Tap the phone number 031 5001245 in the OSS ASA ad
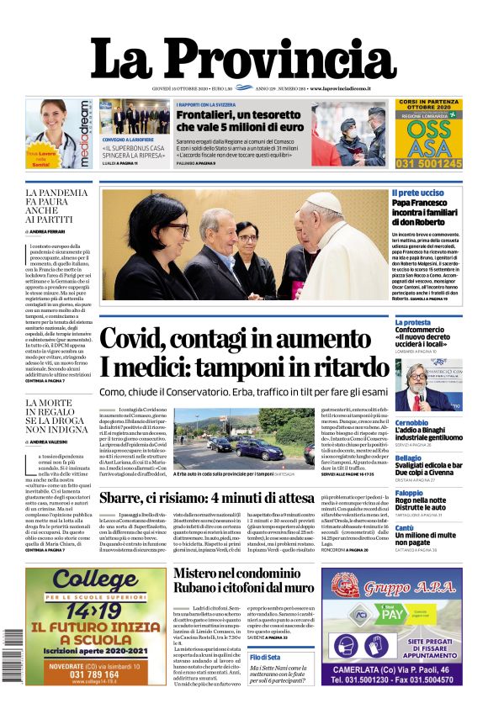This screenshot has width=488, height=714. tap(429, 164)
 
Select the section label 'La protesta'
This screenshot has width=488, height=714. tap(412, 322)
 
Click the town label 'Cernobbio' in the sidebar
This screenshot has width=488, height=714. tap(411, 422)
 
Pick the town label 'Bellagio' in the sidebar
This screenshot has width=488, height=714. tap(408, 457)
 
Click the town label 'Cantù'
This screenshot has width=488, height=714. tap(405, 528)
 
